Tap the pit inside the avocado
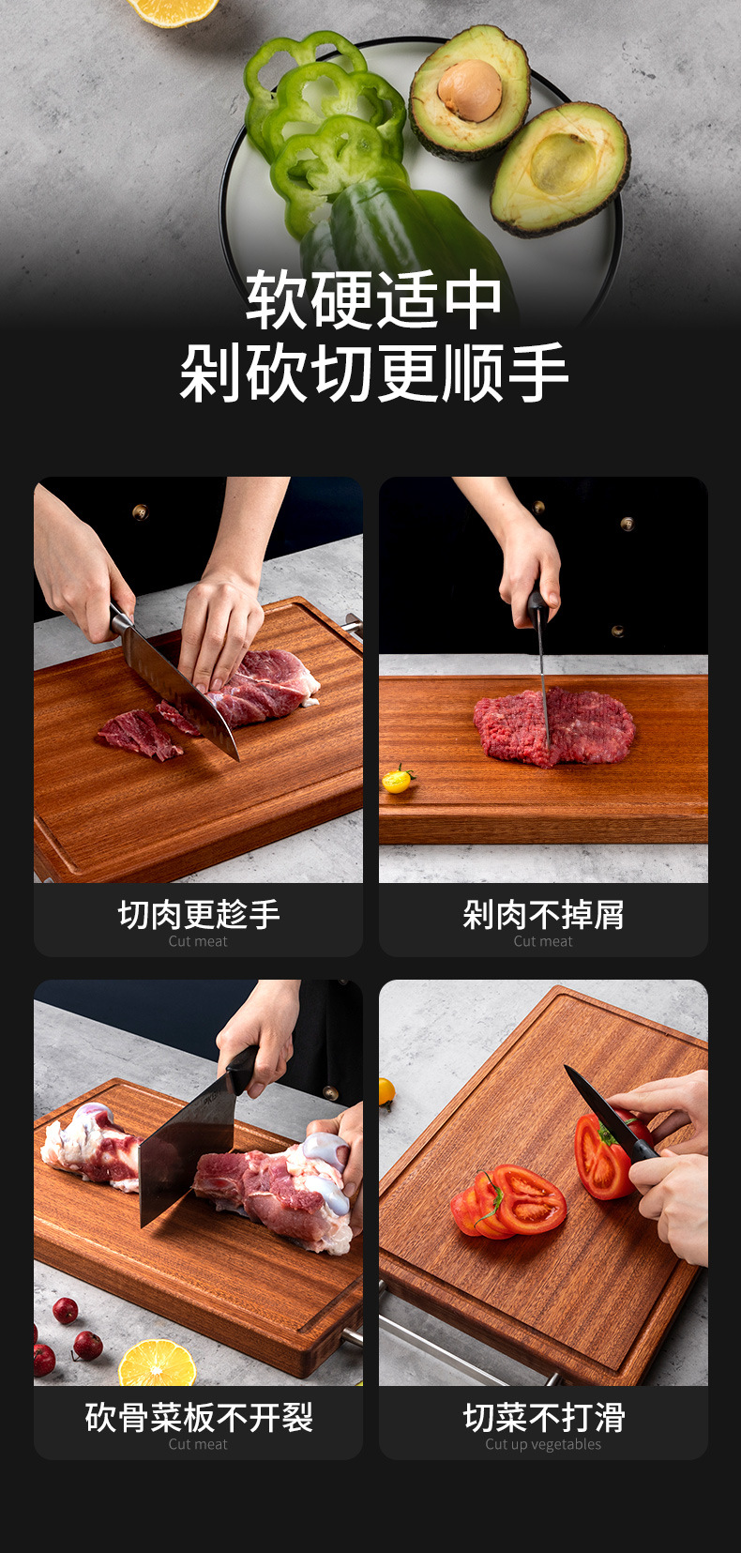click(x=470, y=90)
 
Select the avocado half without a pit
click(x=561, y=169)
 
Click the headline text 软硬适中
click(x=373, y=300)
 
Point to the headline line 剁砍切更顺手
click(x=373, y=373)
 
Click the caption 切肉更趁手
click(x=198, y=914)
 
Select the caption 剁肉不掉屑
click(x=543, y=914)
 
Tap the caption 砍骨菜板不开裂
click(x=198, y=1417)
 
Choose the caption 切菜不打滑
click(x=543, y=1417)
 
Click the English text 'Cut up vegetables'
click(x=543, y=1444)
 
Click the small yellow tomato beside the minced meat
click(x=398, y=780)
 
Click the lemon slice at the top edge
click(x=174, y=11)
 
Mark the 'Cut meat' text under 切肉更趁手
click(x=198, y=941)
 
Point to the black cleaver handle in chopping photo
click(x=241, y=1070)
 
